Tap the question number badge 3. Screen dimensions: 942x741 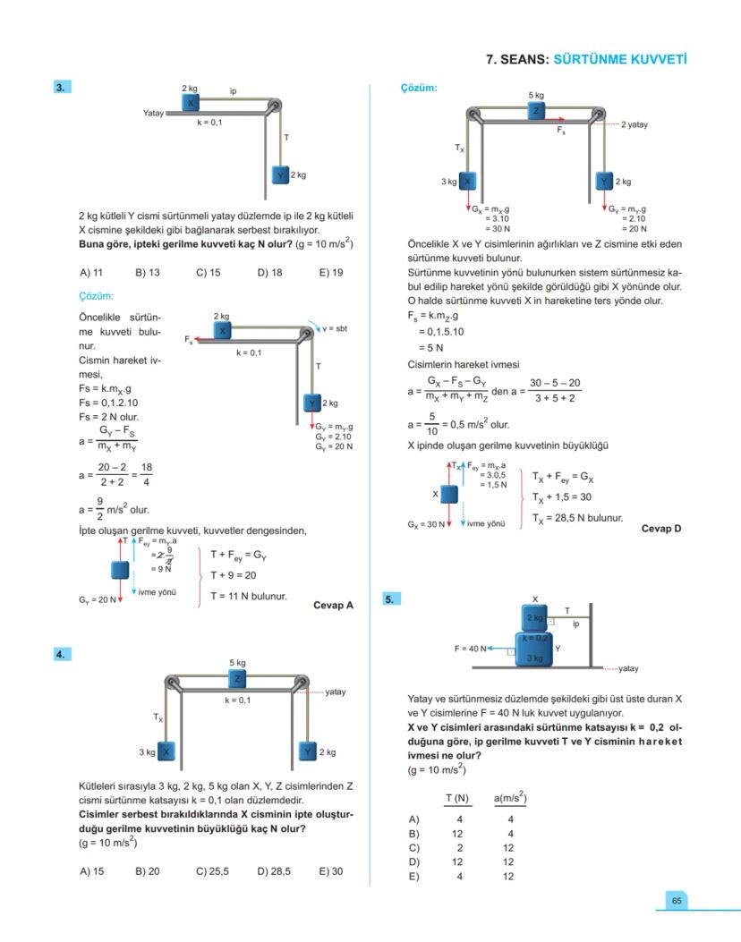[62, 87]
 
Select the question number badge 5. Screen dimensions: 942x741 [391, 599]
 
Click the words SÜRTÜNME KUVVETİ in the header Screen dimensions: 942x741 [620, 60]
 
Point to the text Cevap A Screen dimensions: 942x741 [333, 605]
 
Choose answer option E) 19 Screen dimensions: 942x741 [330, 272]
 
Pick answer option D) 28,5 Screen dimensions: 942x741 [274, 870]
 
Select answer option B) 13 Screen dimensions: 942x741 [148, 272]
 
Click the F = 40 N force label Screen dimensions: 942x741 [471, 649]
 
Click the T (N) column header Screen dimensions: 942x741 [457, 797]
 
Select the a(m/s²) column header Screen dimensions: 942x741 [509, 797]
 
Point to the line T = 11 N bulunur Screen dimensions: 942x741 [249, 596]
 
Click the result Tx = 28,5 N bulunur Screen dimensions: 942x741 [577, 517]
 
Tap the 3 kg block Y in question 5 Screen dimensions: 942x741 [534, 651]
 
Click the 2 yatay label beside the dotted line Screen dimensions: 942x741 [635, 124]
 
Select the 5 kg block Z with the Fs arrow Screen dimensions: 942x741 [536, 110]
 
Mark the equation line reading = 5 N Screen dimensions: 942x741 [430, 347]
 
